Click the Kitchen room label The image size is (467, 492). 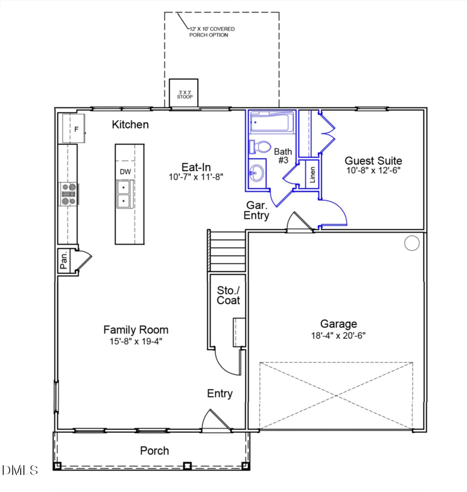point(130,125)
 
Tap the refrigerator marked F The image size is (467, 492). point(74,128)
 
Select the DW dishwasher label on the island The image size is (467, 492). point(125,172)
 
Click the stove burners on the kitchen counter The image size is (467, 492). point(68,194)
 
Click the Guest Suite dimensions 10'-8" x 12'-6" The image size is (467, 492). point(373,170)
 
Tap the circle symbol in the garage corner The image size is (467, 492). point(411,243)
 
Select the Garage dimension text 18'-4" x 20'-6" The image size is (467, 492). point(338,335)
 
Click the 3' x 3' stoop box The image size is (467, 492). point(184,94)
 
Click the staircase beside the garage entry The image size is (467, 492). point(227,251)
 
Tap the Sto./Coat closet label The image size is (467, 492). point(228,295)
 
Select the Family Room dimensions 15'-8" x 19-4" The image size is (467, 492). point(135,341)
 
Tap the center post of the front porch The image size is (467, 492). point(188,465)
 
